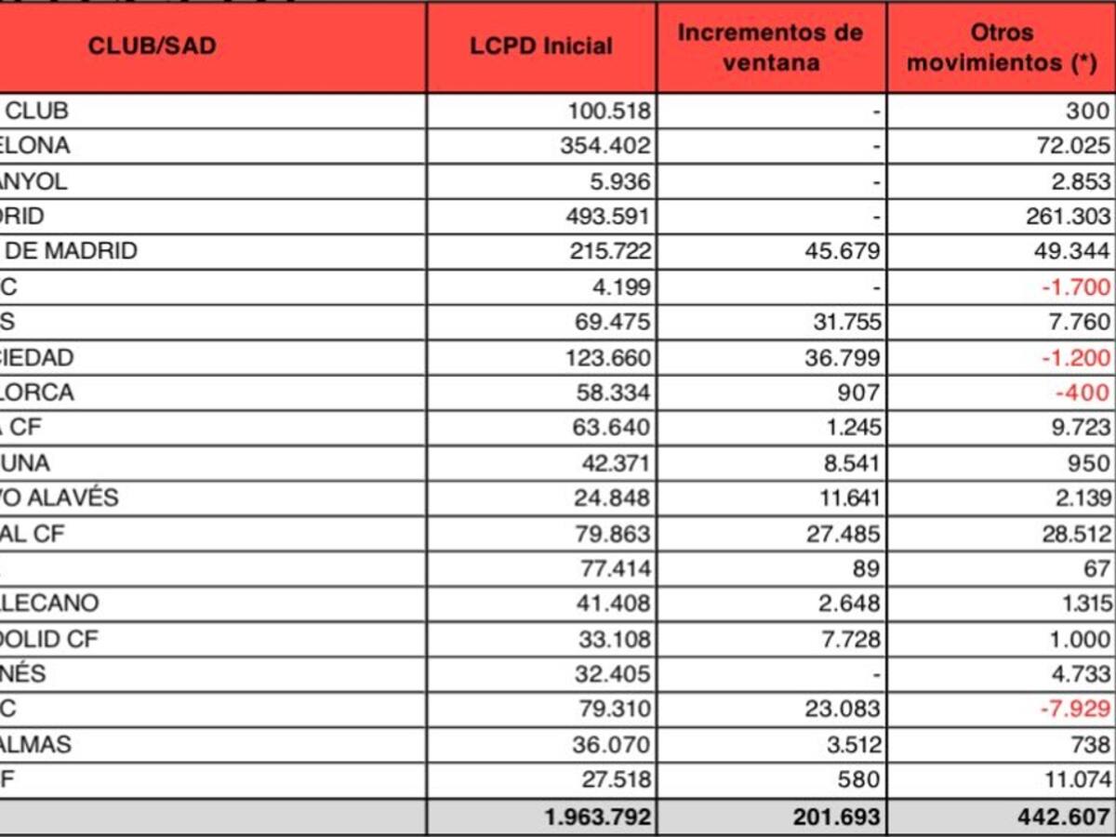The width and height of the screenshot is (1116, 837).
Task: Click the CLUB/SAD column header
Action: point(153,46)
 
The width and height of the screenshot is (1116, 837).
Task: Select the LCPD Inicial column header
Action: point(541,46)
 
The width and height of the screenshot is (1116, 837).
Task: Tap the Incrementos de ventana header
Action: point(771,46)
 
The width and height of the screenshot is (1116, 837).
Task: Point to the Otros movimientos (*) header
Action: point(1002,46)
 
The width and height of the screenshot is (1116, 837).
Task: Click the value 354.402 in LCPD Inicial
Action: point(609,146)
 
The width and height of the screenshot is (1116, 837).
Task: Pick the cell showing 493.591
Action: point(609,217)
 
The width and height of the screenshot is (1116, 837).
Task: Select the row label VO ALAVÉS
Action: point(60,498)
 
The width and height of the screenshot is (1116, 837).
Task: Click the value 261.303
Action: point(1069,217)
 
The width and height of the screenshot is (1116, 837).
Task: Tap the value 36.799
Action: point(842,357)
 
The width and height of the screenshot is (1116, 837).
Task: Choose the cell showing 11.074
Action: point(1076,779)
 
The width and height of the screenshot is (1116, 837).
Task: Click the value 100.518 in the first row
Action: point(609,112)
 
